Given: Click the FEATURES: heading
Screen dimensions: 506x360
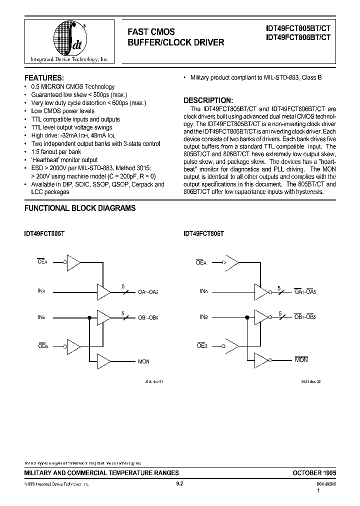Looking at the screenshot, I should tap(44, 78).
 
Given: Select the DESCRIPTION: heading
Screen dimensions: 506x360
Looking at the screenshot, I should tap(208, 100).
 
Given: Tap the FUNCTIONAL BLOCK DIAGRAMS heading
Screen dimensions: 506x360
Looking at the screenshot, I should tap(80, 208).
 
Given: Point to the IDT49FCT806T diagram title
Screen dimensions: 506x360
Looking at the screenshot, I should tap(203, 233).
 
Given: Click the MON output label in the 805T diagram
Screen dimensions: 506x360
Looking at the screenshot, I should tap(143, 361).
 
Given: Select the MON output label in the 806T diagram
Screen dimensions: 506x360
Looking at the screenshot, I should tap(301, 360).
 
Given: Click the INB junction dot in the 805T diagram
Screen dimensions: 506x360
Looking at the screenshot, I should tap(89, 317).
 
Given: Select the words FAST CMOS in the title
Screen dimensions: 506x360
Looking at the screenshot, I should tap(151, 32).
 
